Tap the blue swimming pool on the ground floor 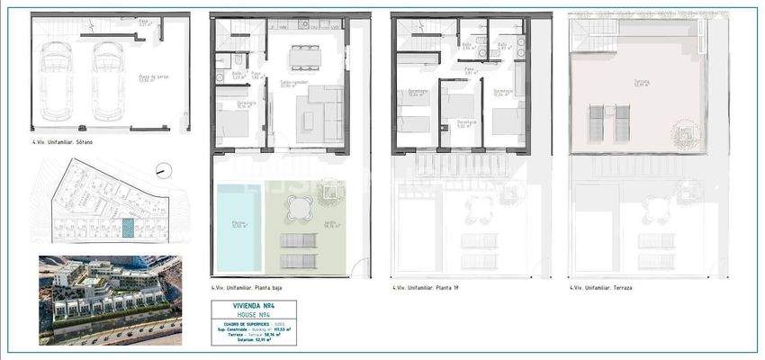[x=239, y=226]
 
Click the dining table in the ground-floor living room [x=304, y=57]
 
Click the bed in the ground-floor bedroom [x=233, y=122]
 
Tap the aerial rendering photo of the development [x=110, y=300]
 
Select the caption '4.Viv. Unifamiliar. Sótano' [x=62, y=142]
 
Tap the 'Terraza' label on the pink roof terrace [x=641, y=81]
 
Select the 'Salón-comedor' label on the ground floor [x=290, y=82]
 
